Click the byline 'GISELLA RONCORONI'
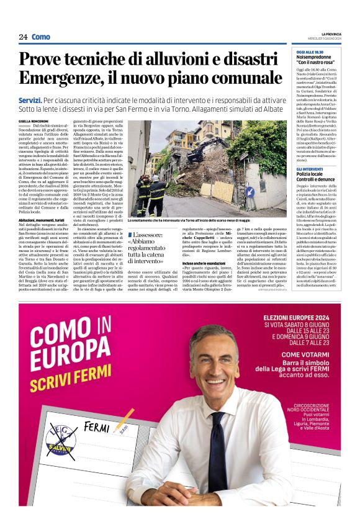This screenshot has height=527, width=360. click(33, 121)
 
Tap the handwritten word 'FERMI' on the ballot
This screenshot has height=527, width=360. click(96, 428)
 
